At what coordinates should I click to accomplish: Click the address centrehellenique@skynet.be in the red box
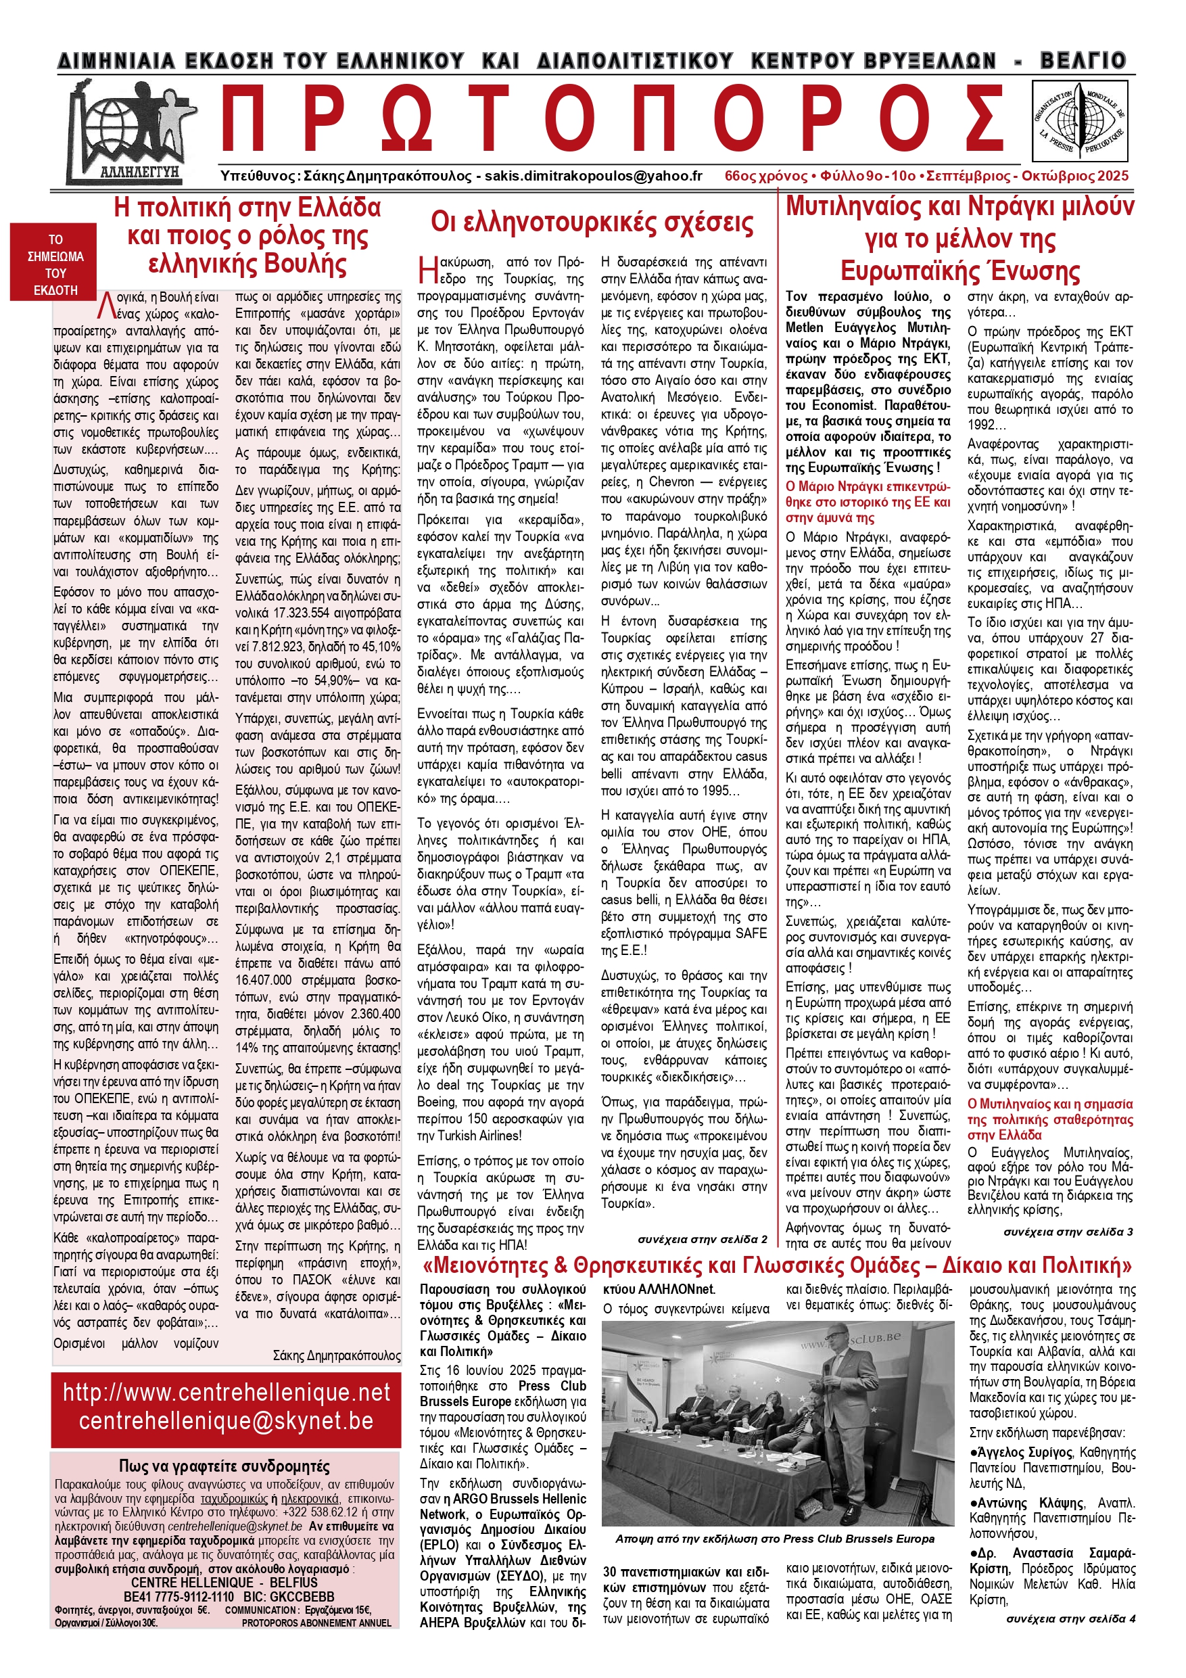tap(227, 1421)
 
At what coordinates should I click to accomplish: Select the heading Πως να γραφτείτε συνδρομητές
tap(224, 1466)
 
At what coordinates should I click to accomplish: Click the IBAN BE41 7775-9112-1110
tap(179, 1596)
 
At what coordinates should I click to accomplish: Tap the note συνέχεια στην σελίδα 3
tap(1068, 1232)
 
